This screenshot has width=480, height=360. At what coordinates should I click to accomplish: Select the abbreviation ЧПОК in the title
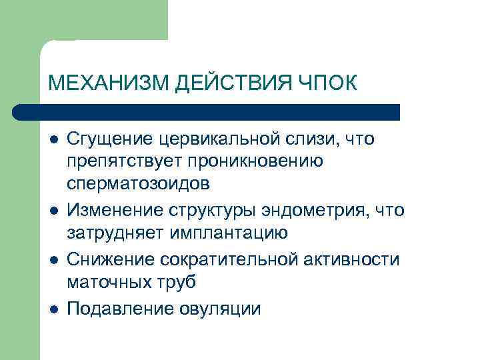click(327, 84)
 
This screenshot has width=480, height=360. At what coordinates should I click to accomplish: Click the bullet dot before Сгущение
click(53, 140)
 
